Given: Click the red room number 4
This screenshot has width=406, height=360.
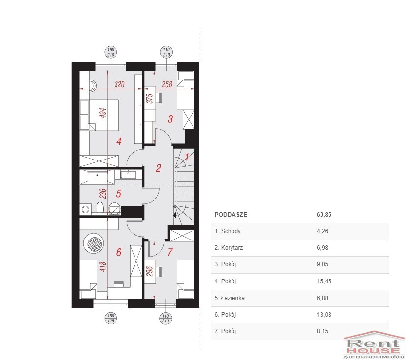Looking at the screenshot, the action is (x=119, y=141).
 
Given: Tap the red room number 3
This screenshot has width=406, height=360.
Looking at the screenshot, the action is (x=170, y=119).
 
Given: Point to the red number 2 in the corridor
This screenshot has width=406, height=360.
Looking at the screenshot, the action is (x=158, y=168).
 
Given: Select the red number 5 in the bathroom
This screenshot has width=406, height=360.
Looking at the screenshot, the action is (x=118, y=193).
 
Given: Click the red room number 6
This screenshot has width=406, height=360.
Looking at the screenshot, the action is (x=119, y=252).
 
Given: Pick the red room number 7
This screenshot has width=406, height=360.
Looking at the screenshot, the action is (x=170, y=252).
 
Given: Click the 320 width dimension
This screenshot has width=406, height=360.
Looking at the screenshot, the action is (x=119, y=84).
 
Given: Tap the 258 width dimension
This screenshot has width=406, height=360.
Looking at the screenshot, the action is (x=167, y=84).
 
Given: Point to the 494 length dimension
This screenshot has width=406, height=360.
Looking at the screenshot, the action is (x=103, y=113).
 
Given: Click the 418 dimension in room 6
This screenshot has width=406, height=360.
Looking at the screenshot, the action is (x=103, y=267).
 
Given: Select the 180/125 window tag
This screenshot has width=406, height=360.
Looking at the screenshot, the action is (x=111, y=319).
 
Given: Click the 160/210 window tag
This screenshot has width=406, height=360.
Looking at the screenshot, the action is (x=111, y=52).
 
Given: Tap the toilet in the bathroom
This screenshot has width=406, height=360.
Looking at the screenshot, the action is (x=100, y=207).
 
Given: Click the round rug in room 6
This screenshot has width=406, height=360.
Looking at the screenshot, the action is (x=94, y=243).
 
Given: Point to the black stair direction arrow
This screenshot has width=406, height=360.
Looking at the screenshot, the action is (x=175, y=215).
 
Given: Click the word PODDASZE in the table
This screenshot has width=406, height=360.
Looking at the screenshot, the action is (x=231, y=215).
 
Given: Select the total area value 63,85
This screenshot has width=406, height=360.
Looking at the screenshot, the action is (x=324, y=215).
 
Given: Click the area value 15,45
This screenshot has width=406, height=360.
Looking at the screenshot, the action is (x=324, y=281).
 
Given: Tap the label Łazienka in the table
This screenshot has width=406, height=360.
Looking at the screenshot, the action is (x=233, y=298).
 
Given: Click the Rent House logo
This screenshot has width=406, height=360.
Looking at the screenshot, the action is (x=374, y=345).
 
